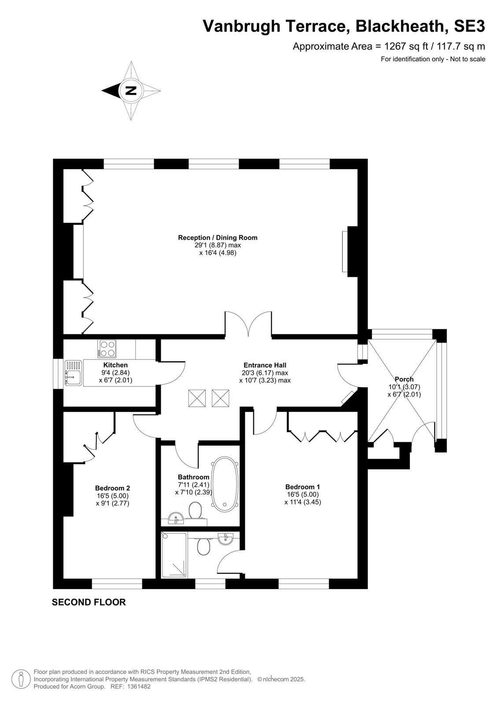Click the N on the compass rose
[131, 91]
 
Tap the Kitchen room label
[115, 365]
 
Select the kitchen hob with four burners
[107, 349]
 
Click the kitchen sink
[73, 373]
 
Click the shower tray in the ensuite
[174, 555]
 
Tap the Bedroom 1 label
[302, 487]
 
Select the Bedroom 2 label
[113, 488]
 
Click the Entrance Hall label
[265, 365]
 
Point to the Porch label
[404, 379]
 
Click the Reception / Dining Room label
[218, 237]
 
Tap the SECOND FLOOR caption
[89, 602]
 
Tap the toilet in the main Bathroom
[195, 511]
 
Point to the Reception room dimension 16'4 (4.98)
[218, 253]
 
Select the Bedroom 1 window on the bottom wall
[303, 584]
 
